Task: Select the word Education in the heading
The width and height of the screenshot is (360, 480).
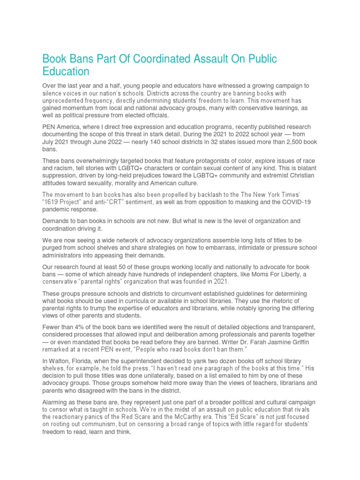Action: coord(66,72)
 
